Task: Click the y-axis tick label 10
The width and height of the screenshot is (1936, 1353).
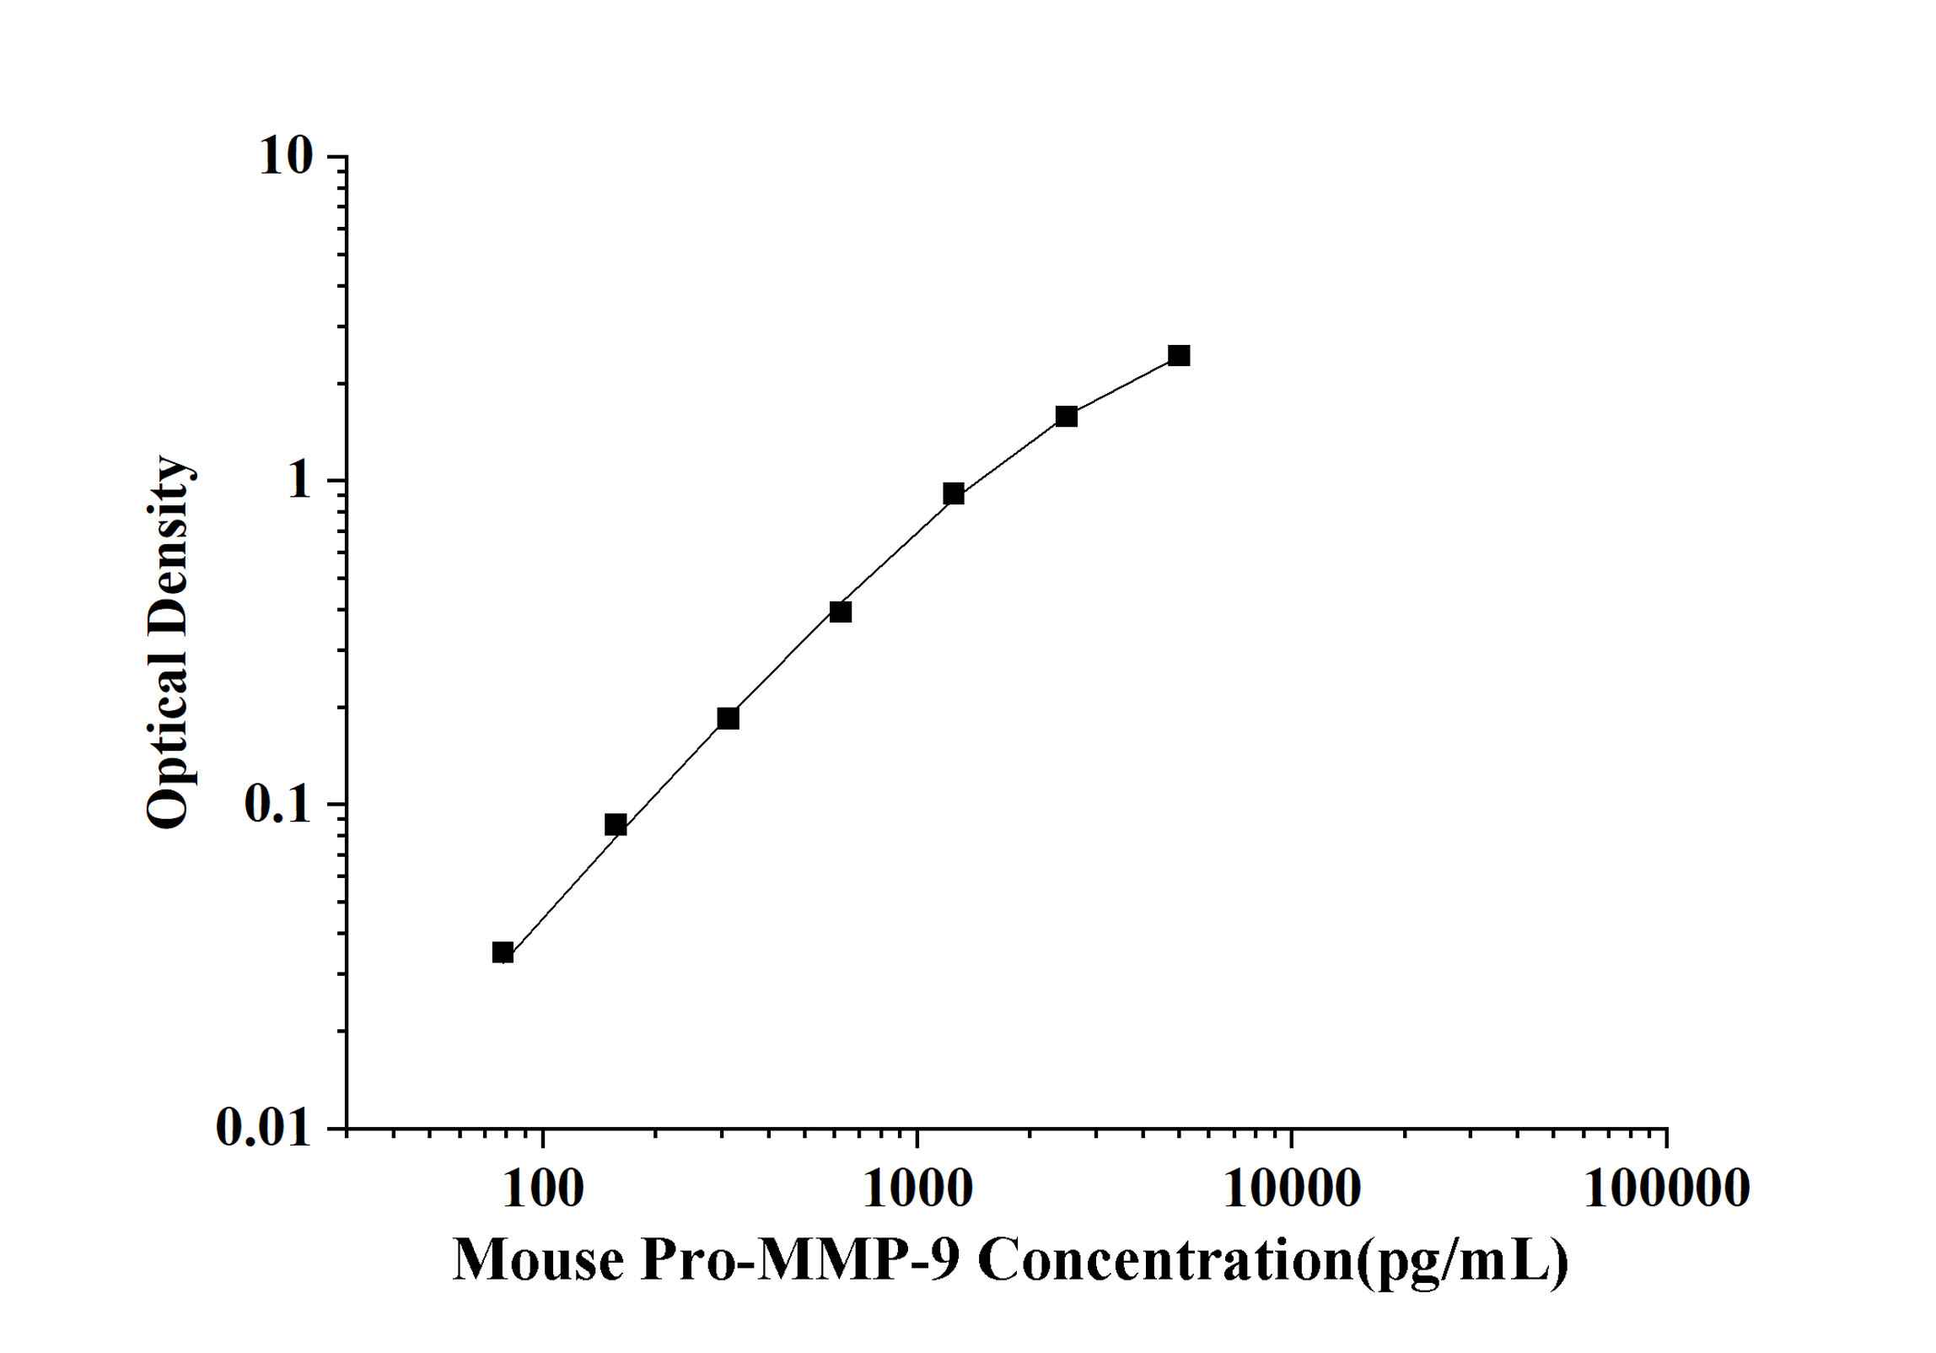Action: tap(285, 157)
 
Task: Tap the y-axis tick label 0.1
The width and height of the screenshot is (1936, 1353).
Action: tap(277, 804)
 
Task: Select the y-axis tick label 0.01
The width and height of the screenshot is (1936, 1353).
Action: tap(263, 1128)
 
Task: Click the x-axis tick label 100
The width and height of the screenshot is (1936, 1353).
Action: tap(542, 1189)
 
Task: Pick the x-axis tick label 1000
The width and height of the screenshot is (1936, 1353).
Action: tap(917, 1189)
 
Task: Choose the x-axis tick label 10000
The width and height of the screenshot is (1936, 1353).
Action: tap(1291, 1189)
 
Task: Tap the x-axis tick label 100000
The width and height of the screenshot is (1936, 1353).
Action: tap(1666, 1189)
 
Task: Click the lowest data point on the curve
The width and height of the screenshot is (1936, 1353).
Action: tap(503, 953)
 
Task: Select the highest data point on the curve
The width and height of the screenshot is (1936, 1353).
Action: tap(1179, 355)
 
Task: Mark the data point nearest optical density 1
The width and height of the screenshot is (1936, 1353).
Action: tap(954, 493)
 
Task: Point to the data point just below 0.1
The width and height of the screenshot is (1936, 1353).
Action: tap(616, 824)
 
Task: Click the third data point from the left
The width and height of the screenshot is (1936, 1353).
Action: tap(728, 718)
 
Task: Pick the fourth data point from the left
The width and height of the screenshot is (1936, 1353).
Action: tap(841, 612)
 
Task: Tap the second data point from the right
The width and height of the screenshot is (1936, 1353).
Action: tap(1067, 416)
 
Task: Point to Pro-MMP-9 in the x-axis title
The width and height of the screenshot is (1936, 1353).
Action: tap(800, 1262)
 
